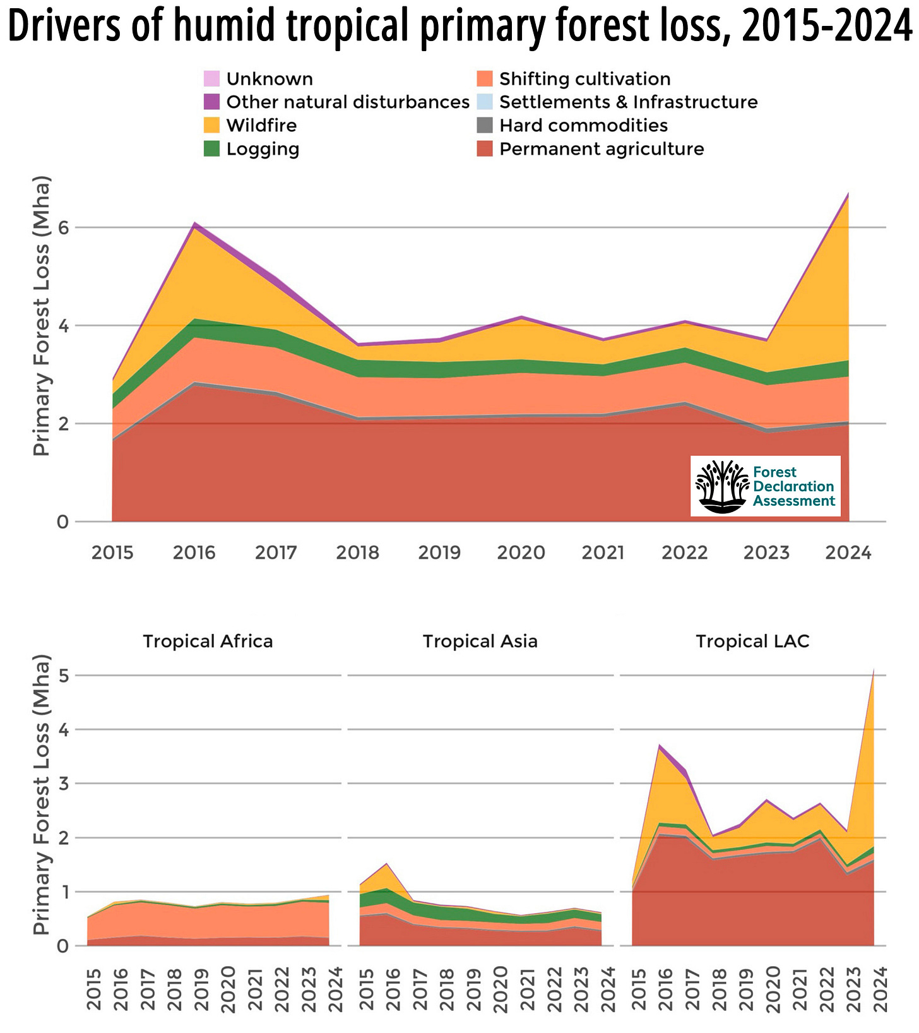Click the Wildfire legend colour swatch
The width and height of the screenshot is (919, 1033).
[x=212, y=125]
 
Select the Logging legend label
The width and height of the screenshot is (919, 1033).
[x=263, y=149]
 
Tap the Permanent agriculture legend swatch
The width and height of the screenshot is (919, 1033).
[x=485, y=149]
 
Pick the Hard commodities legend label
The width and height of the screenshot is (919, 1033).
[x=583, y=125]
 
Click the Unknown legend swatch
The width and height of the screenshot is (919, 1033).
[x=212, y=79]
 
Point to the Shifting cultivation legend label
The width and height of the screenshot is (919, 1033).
[x=584, y=79]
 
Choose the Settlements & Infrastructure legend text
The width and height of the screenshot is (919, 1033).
[x=628, y=102]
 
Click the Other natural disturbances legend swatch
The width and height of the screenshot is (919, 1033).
[x=212, y=102]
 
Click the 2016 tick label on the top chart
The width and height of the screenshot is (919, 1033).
[x=194, y=553]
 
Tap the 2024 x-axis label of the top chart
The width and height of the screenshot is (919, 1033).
[x=848, y=553]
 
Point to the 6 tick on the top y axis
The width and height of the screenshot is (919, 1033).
[x=62, y=227]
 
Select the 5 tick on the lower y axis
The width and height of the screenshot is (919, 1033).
[x=62, y=676]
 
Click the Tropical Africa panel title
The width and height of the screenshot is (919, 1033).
[x=208, y=642]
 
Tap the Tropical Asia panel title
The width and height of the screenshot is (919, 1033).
[x=480, y=642]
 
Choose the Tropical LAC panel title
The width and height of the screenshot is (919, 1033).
[x=752, y=642]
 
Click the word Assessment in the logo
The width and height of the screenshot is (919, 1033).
[x=794, y=501]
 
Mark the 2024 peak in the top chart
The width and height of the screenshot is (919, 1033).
[x=848, y=193]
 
